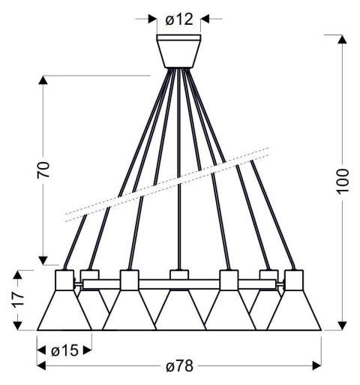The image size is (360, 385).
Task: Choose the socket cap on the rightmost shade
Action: tap(293, 281)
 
